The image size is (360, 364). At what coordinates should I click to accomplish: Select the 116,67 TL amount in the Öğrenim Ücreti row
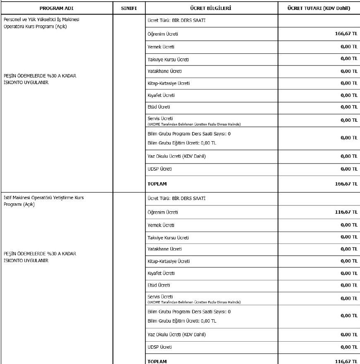click(346, 212)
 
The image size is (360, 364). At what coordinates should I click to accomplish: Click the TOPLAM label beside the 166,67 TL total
click(157, 184)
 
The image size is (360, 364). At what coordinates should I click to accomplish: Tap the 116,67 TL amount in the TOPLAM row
click(346, 361)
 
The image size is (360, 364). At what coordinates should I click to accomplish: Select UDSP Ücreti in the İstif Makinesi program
click(160, 347)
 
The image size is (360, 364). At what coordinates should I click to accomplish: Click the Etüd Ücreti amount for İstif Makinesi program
click(349, 285)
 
